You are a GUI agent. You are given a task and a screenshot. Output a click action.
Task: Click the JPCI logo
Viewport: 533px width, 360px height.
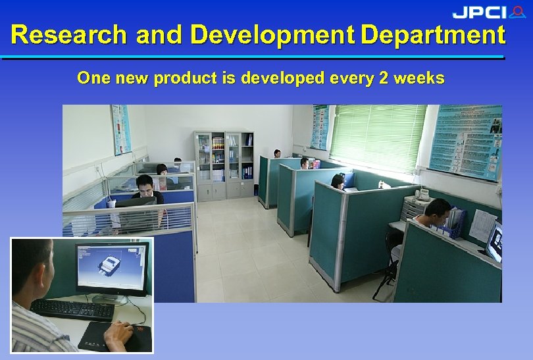click(488, 12)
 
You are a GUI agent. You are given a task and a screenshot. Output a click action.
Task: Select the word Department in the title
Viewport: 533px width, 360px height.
click(433, 35)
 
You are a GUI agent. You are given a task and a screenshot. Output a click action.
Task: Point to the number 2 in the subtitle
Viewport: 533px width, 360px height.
click(384, 78)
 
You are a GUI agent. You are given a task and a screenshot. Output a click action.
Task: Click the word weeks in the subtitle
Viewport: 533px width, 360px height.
click(419, 78)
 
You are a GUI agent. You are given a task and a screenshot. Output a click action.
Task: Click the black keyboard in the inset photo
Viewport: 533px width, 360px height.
click(72, 309)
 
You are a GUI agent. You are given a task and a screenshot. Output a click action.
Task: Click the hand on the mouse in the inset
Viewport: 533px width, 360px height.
click(118, 334)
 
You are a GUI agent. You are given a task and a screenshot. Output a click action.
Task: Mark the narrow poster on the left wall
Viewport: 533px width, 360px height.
click(121, 130)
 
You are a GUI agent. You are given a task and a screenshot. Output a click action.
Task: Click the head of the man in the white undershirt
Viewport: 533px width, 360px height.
click(438, 211)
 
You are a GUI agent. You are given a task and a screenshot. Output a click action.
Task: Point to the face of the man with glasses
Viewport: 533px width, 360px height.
click(145, 185)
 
